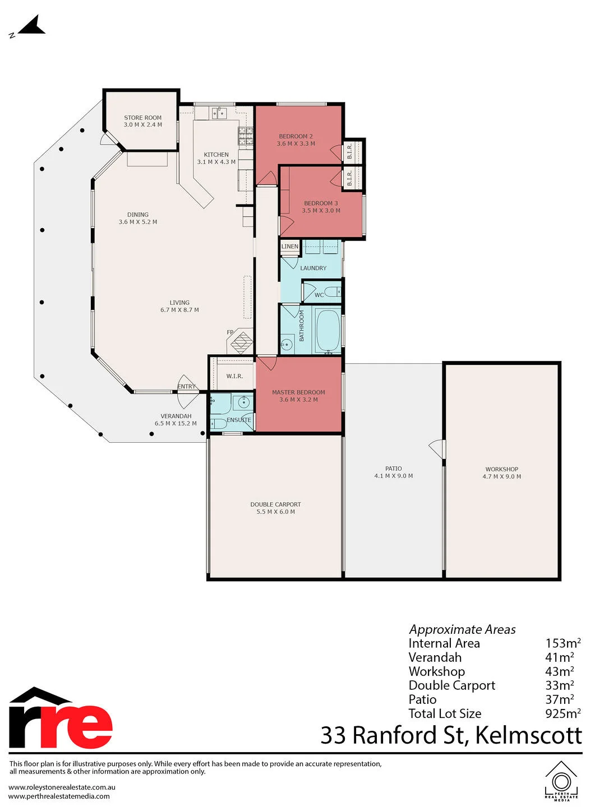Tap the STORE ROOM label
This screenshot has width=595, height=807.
tap(143, 118)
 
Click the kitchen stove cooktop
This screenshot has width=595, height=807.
tap(246, 136)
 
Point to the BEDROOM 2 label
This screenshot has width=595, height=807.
tap(296, 136)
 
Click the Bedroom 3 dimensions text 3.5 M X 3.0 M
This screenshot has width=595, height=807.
tap(321, 210)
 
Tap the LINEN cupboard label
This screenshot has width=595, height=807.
tap(289, 247)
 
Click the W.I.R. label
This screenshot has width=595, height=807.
tap(234, 376)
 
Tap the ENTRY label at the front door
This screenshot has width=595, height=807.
tap(186, 387)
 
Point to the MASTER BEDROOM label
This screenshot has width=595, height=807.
tap(298, 392)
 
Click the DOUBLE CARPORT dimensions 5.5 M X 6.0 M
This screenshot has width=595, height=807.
tap(275, 512)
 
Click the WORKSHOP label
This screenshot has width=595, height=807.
tap(501, 469)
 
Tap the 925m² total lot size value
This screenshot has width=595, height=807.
tap(563, 713)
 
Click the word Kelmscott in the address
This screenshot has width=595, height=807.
tap(529, 735)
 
